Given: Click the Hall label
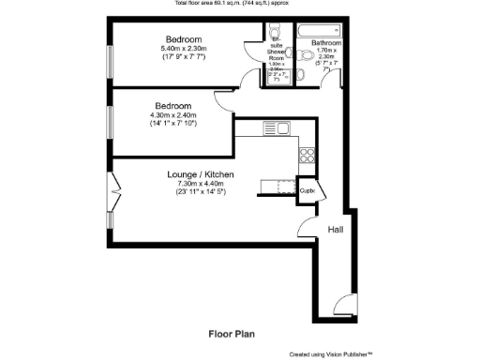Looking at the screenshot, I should pyautogui.click(x=336, y=230).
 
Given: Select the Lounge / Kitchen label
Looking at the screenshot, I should pyautogui.click(x=200, y=175).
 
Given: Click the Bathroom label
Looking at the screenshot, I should pyautogui.click(x=326, y=43).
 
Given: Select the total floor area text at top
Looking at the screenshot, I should pyautogui.click(x=239, y=4).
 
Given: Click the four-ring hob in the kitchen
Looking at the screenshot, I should pyautogui.click(x=306, y=154).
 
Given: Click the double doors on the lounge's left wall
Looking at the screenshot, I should pyautogui.click(x=115, y=194).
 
